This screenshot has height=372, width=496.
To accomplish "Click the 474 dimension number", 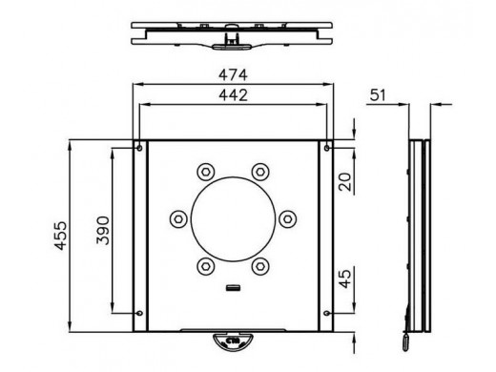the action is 233,75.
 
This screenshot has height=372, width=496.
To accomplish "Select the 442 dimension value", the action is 233,95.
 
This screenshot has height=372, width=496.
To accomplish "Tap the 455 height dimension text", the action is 60,236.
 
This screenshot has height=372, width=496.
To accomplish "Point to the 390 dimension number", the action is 103,231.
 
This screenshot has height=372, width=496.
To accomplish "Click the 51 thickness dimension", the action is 378,95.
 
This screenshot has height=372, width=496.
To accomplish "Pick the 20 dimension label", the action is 345,181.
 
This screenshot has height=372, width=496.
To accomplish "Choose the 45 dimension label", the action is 345,279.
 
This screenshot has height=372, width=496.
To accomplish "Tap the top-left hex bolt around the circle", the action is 206,172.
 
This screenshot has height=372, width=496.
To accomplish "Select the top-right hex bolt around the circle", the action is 260,172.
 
